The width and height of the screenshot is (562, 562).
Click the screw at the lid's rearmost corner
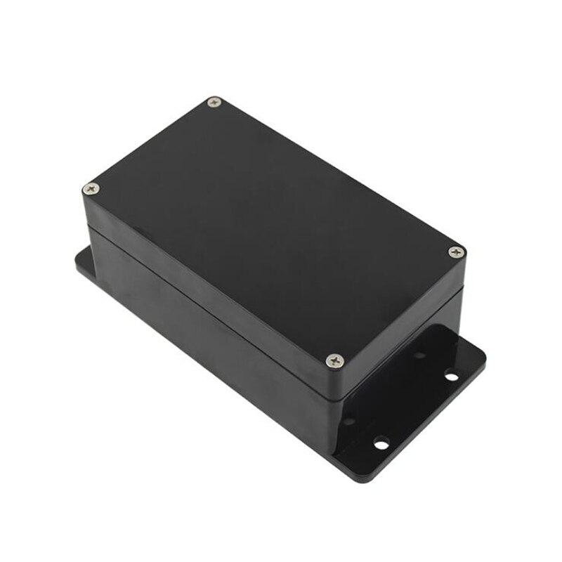point(215,103)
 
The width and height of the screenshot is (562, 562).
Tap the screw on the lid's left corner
point(91,188)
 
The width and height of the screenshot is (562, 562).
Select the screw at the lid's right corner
point(457,251)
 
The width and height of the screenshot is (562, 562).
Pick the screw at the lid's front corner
point(335,360)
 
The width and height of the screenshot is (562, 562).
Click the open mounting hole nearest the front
point(381,443)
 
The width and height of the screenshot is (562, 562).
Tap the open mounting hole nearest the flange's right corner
point(450,377)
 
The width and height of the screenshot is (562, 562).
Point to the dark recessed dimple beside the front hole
point(349,421)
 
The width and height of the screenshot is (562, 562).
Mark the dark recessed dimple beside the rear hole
point(419,355)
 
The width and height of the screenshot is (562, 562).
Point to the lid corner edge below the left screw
point(86,211)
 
